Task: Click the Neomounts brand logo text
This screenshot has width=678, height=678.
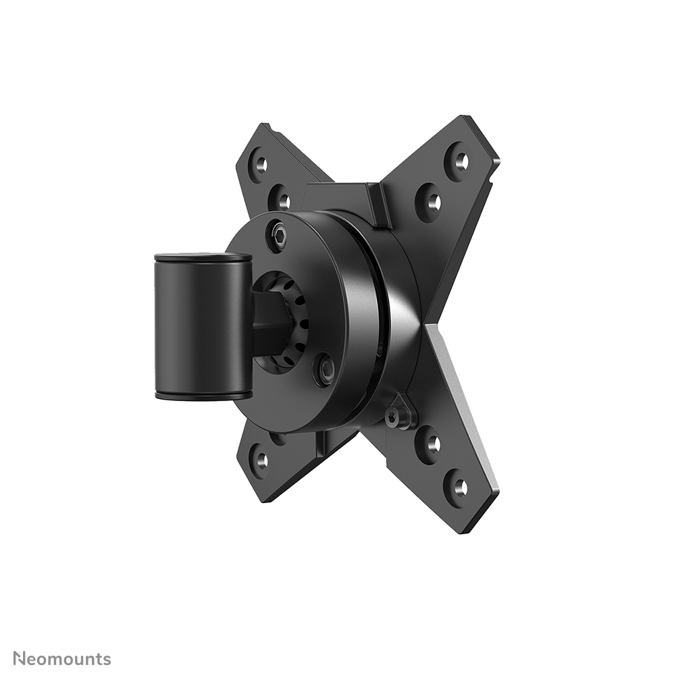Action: click(x=62, y=659)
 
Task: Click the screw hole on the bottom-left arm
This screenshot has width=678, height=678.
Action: click(x=261, y=460)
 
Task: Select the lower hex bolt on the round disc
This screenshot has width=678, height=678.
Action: click(x=326, y=369)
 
